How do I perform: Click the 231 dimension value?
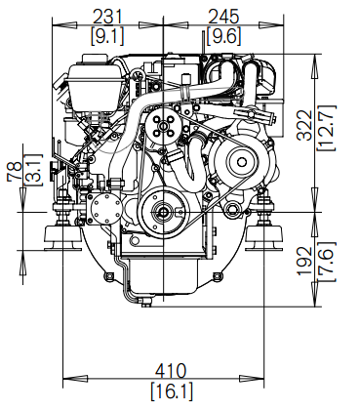107,17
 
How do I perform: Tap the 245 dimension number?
223,17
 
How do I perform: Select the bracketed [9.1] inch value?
107,35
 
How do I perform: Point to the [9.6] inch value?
224,35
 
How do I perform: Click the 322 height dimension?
305,125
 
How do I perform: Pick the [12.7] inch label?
326,128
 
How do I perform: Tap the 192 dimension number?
305,262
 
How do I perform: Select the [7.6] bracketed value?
326,262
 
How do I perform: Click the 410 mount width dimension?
171,371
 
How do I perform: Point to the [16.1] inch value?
172,390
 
